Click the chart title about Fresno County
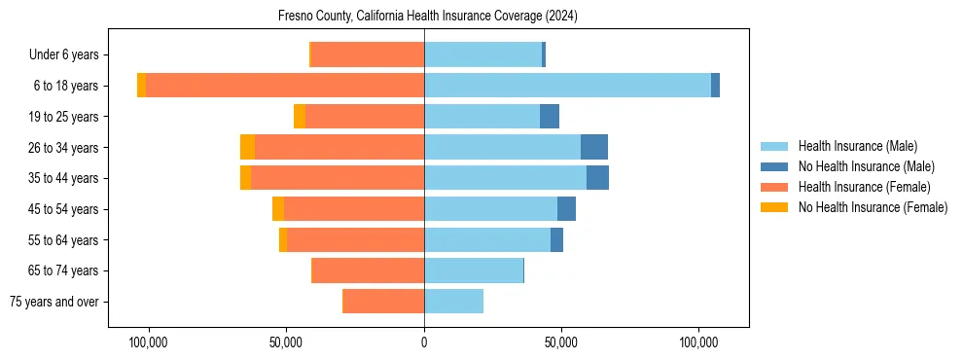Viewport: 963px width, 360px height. coord(428,16)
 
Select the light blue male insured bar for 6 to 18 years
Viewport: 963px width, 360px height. coord(567,86)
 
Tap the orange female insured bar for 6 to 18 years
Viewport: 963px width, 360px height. coord(285,86)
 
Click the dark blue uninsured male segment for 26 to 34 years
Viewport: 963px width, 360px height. coord(594,147)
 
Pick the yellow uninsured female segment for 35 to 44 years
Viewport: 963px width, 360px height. coord(245,178)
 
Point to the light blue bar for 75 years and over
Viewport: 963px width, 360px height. coord(453,302)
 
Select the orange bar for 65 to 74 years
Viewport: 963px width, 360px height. coord(368,270)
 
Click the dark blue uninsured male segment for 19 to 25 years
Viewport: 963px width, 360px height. coord(550,117)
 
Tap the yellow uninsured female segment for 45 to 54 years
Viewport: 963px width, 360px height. coord(278,209)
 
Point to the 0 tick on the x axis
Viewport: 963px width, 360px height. coord(424,342)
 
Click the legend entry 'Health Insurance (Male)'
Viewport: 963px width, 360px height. coord(857,146)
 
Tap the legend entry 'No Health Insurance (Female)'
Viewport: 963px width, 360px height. coord(873,207)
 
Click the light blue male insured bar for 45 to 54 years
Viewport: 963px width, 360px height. coord(490,209)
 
